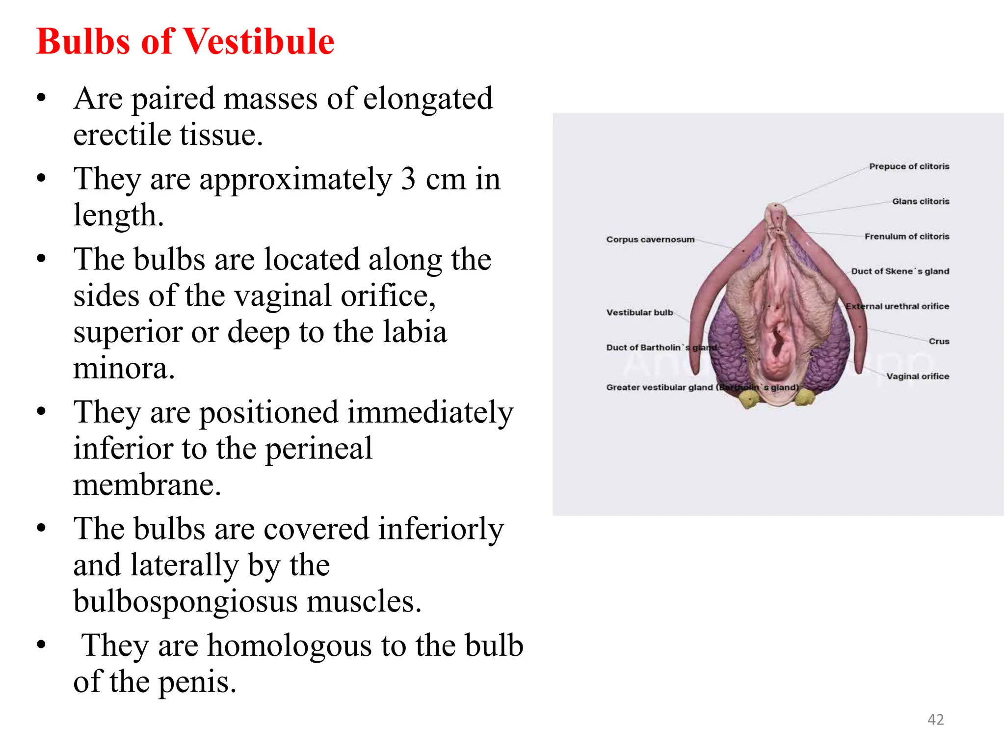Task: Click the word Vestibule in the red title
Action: pos(259,41)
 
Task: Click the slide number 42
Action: pos(935,719)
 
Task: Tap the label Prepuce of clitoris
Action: pos(909,166)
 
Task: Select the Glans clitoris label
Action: pos(920,201)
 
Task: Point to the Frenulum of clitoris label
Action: pos(906,237)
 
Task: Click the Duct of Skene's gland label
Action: pos(899,271)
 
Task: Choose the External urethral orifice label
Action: pos(897,306)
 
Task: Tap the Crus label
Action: pos(939,341)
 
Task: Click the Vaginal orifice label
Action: pos(917,377)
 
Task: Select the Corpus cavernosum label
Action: pos(650,240)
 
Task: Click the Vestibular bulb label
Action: pos(639,313)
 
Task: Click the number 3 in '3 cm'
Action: pos(408,179)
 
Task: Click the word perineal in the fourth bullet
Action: pos(318,449)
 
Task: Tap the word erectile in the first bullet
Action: pos(122,135)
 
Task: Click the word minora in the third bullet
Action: pos(124,368)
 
